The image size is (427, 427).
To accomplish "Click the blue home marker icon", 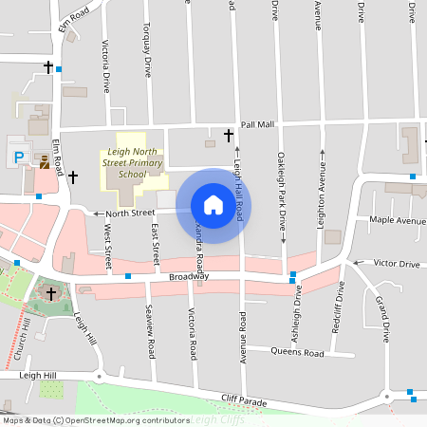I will [x=213, y=205].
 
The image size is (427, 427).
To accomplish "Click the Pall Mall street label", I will [x=257, y=124].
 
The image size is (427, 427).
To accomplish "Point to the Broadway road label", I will [x=188, y=276].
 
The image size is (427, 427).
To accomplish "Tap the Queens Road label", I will [x=297, y=352].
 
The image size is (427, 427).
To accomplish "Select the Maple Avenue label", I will [x=398, y=220].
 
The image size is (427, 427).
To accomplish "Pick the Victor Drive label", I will [x=397, y=263].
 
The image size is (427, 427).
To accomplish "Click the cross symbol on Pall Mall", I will [x=229, y=136].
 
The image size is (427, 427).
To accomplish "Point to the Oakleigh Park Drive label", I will [x=282, y=191].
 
